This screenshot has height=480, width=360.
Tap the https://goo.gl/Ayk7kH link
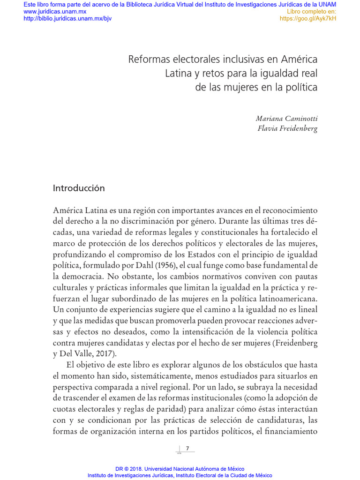coord(308,19)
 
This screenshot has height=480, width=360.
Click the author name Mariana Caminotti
coord(286,119)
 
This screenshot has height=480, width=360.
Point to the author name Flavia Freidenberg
coord(287,129)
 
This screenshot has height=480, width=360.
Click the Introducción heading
coord(79,188)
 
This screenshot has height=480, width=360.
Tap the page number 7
coord(187,449)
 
